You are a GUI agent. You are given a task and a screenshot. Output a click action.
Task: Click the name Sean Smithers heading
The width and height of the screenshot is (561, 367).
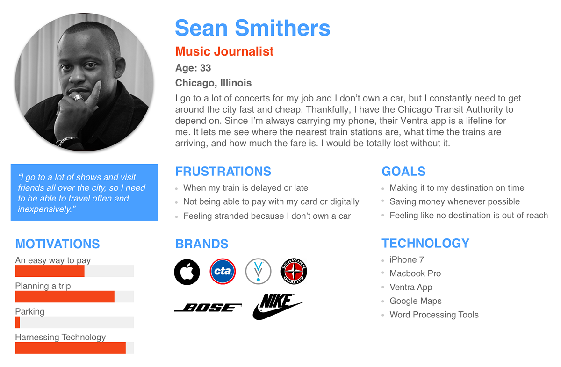pyautogui.click(x=252, y=28)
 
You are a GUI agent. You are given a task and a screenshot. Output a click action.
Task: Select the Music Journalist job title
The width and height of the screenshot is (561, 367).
pyautogui.click(x=224, y=51)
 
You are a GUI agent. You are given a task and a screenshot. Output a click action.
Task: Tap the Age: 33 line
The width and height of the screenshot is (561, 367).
pyautogui.click(x=193, y=68)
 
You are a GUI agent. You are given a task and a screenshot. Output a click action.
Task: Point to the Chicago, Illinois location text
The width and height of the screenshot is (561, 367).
pyautogui.click(x=213, y=83)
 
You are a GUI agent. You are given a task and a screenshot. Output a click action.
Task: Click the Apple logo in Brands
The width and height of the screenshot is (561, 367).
pyautogui.click(x=187, y=272)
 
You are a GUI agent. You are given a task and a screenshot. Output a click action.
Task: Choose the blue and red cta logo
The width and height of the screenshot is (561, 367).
pyautogui.click(x=223, y=271)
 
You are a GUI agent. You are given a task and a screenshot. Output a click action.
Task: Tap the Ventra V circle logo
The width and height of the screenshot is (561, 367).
pyautogui.click(x=258, y=271)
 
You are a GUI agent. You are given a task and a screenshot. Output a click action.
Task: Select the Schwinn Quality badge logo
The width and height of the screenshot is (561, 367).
pyautogui.click(x=294, y=271)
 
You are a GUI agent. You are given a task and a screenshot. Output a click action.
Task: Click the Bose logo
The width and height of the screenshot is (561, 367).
pyautogui.click(x=208, y=308)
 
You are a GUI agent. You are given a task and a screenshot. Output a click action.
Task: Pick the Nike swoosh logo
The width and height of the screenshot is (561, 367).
pyautogui.click(x=278, y=307)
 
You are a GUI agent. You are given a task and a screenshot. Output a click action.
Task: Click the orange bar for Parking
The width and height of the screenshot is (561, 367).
pyautogui.click(x=18, y=322)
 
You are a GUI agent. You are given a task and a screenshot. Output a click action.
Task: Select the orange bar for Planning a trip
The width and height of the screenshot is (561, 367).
pyautogui.click(x=65, y=296)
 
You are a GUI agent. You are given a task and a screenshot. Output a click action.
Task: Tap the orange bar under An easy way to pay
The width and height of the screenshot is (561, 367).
pyautogui.click(x=50, y=271)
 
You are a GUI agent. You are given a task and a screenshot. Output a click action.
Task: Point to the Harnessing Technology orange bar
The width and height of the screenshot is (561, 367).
pyautogui.click(x=71, y=348)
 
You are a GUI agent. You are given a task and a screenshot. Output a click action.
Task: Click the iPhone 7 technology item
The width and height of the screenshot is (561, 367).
pyautogui.click(x=407, y=260)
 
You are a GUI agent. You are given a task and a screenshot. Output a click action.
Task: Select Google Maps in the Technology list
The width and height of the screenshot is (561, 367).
pyautogui.click(x=416, y=301)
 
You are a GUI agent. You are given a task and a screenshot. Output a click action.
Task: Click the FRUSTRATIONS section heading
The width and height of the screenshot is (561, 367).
pyautogui.click(x=223, y=172)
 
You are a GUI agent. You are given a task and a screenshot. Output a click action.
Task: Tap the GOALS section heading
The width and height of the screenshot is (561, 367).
pyautogui.click(x=403, y=172)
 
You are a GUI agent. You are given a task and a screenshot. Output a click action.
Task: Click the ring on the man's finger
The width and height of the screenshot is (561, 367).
pyautogui.click(x=79, y=98)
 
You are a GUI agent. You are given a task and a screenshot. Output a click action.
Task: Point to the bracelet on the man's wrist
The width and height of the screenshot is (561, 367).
pyautogui.click(x=66, y=141)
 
